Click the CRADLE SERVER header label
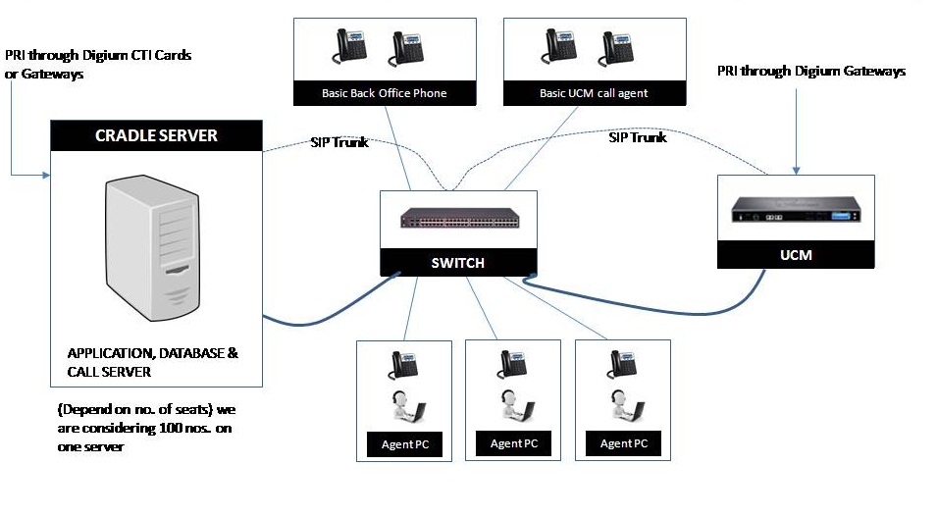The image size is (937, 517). (156, 135)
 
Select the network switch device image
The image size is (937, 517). (458, 219)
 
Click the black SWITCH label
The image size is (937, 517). (458, 263)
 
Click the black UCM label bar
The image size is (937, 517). (796, 255)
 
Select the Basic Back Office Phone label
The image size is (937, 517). (385, 94)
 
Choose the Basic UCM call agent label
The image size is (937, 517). (594, 94)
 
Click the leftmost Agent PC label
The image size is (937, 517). (404, 444)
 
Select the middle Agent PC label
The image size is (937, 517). (513, 443)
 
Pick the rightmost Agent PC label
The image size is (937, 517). (624, 443)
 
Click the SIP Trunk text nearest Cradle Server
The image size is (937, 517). (339, 142)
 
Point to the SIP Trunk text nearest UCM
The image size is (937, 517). (638, 137)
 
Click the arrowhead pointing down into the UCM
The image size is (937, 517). (796, 169)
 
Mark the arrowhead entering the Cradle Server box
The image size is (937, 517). (45, 176)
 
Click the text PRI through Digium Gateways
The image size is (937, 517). (811, 72)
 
